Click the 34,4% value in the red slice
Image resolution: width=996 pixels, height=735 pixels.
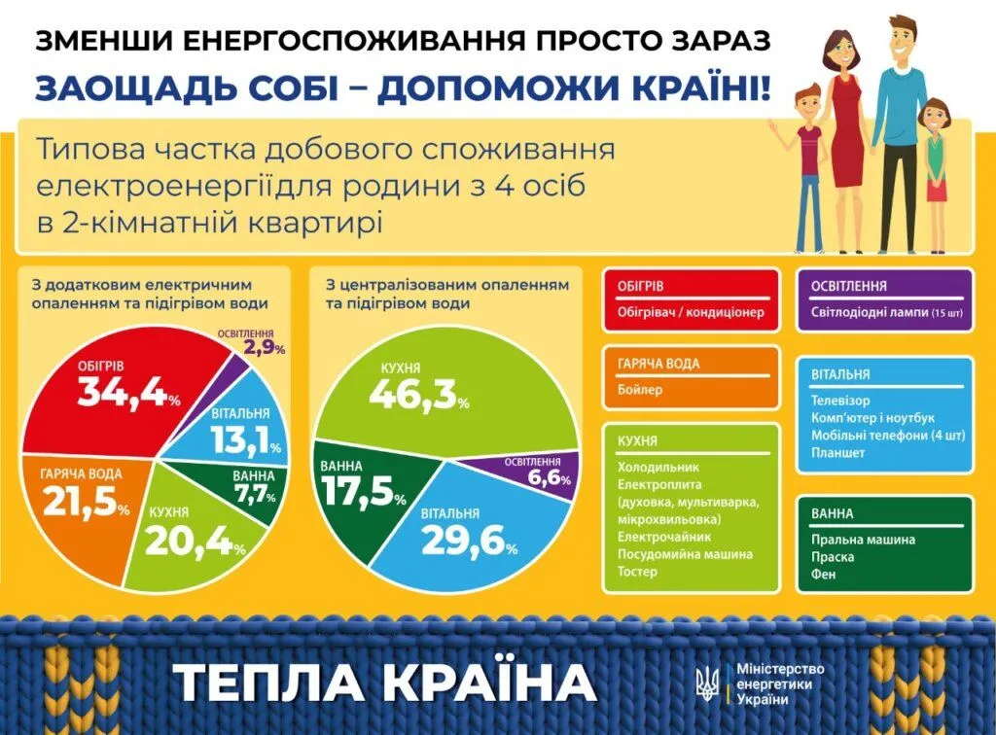click(x=129, y=392)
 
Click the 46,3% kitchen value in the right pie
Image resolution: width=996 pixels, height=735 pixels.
click(x=418, y=395)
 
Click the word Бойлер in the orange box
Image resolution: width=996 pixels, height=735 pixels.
click(x=640, y=389)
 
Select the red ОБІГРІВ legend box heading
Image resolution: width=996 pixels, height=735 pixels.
click(x=640, y=286)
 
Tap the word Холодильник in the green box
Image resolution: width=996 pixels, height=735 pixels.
click(x=658, y=467)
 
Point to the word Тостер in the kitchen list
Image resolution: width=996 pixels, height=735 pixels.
click(x=637, y=572)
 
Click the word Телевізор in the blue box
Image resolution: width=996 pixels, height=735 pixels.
click(x=840, y=401)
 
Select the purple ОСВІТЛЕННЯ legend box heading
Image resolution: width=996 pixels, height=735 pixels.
click(x=848, y=286)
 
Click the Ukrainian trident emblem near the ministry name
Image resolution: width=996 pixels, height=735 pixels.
click(x=709, y=682)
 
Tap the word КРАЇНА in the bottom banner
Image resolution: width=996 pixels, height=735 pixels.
click(x=490, y=682)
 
